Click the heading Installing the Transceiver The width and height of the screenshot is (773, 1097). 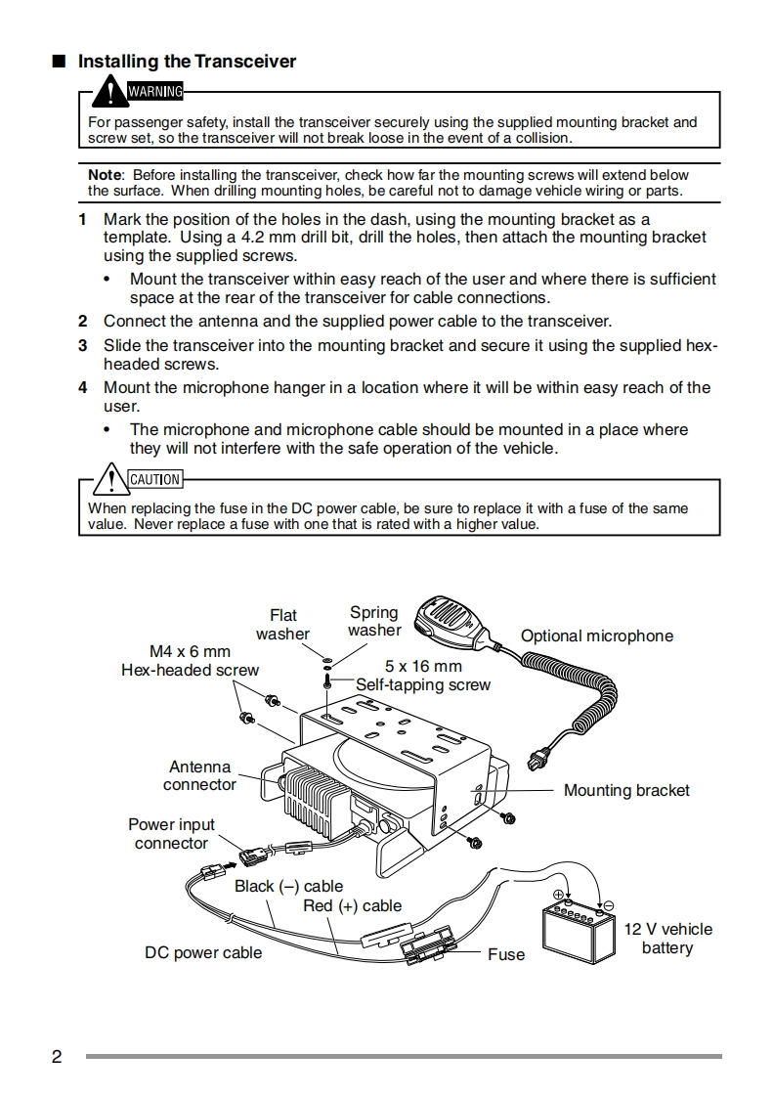point(187,62)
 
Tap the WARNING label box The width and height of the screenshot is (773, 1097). point(155,92)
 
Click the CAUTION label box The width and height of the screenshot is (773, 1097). point(154,479)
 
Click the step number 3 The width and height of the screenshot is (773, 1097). point(83,345)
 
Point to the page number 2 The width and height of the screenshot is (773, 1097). point(57,1057)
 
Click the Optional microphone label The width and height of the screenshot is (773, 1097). point(596,636)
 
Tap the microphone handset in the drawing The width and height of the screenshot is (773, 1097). point(454,620)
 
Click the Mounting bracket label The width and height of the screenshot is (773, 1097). point(626,790)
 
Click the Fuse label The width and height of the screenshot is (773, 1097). point(506,954)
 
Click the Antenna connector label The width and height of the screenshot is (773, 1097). point(199,776)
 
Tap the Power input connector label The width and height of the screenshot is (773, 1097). point(171,834)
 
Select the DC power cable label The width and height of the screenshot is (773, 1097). point(203,952)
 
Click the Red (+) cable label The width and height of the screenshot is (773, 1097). point(352,905)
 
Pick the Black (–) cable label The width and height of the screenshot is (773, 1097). point(288,886)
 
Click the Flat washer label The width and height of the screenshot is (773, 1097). point(282,624)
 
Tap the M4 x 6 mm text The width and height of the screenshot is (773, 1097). point(190,651)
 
